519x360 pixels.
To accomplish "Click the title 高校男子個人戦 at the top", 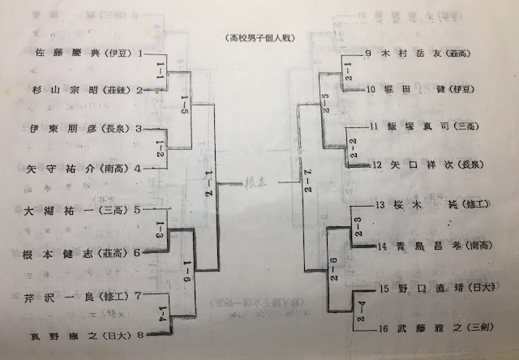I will click(x=260, y=37).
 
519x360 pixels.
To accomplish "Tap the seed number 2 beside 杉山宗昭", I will click(x=139, y=91).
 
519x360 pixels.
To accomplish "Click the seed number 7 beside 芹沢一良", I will click(x=139, y=294).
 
